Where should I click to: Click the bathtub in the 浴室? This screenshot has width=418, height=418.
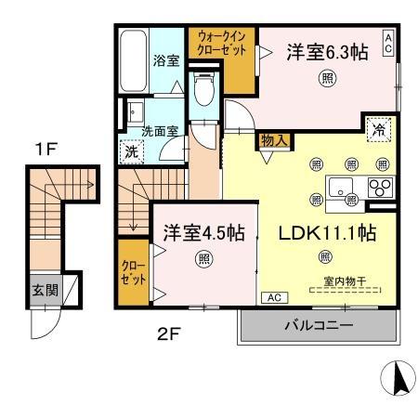coord(133,60)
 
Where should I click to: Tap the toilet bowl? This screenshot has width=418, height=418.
coord(204,88)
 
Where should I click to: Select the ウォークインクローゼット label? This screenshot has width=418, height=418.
coord(222,44)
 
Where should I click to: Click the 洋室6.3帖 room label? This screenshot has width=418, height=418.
coord(327,52)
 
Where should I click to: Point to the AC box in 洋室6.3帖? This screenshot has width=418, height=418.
coord(388,44)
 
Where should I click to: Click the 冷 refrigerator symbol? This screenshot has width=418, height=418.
coord(379,129)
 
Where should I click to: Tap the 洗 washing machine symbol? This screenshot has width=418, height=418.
coord(132,151)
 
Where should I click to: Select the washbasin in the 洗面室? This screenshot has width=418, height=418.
coord(136,112)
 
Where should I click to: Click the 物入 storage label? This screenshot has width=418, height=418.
coord(274,141)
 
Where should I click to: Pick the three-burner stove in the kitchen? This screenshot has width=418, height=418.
coord(381,187)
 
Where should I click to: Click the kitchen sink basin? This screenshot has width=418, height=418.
coord(340,187)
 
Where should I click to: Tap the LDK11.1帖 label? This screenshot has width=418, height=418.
coord(327,233)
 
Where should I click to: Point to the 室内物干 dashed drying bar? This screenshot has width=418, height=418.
coord(345,291)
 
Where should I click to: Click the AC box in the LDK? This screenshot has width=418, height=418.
coord(275,297)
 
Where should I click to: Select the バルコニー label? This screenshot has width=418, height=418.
coord(319,325)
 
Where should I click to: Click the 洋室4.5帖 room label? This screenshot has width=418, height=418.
coord(204,233)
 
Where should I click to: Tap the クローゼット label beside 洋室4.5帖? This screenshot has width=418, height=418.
coord(134,272)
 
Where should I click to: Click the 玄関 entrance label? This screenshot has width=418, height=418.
coord(46,290)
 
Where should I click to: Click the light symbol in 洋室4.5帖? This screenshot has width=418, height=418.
coord(204,258)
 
